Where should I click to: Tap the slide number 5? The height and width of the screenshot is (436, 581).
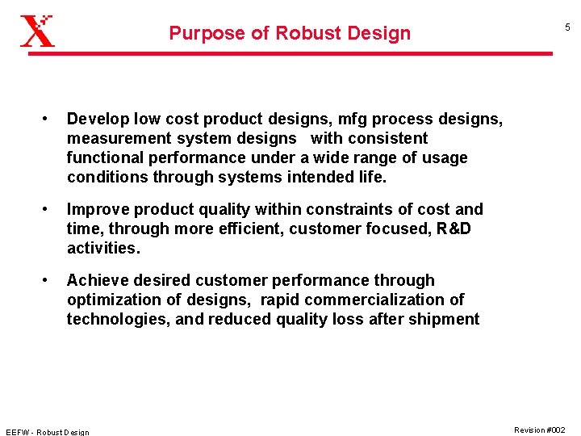(566, 27)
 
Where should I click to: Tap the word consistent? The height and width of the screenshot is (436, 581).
(387, 139)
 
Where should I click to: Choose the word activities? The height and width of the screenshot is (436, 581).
(103, 249)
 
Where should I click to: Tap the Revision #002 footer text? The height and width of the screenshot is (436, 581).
(539, 430)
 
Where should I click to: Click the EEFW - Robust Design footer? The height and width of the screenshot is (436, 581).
(48, 432)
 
